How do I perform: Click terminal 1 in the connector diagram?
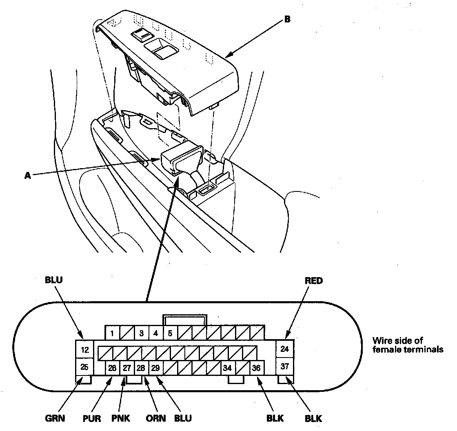[x=112, y=333]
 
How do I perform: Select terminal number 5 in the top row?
[x=170, y=333]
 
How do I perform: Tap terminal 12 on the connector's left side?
[x=84, y=350]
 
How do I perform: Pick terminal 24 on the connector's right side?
[x=285, y=349]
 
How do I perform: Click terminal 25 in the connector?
[x=84, y=367]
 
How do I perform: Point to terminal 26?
[x=112, y=368]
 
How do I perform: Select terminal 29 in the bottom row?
[x=155, y=368]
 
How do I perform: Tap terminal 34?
[x=228, y=368]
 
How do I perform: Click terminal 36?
[x=256, y=368]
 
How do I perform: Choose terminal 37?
[x=285, y=366]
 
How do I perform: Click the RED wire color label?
[x=313, y=281]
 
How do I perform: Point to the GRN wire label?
[x=54, y=418]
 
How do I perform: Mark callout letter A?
[x=28, y=176]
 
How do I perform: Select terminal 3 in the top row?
[x=141, y=333]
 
